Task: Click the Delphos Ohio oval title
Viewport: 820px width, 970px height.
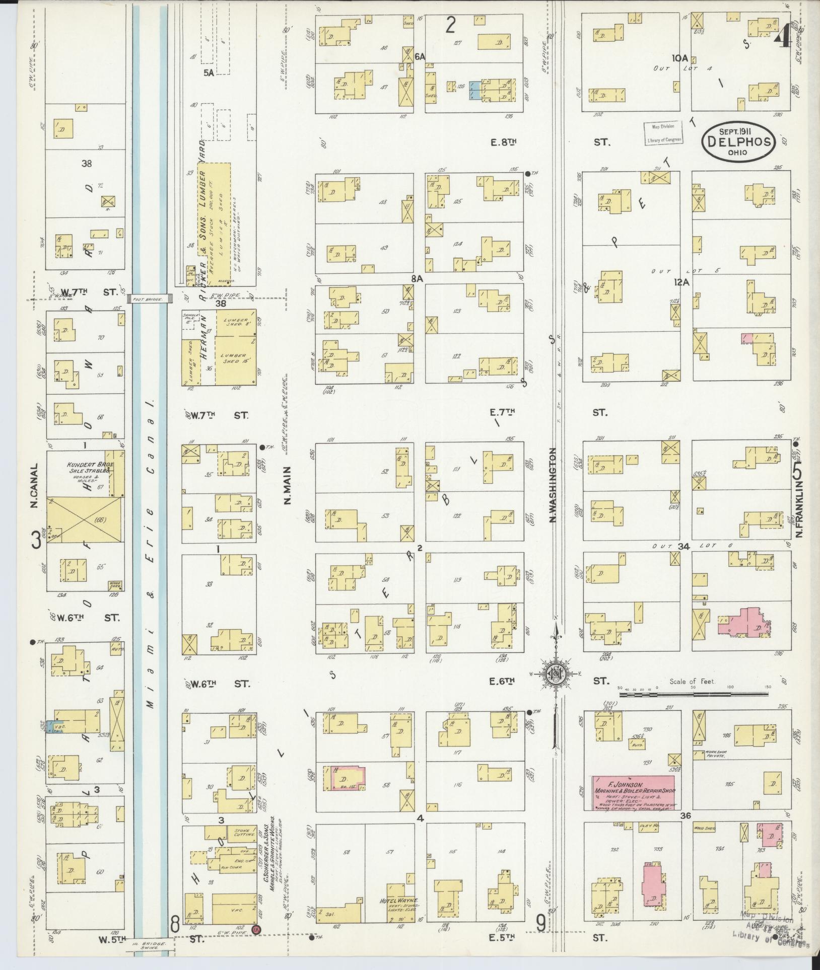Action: [x=738, y=143]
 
